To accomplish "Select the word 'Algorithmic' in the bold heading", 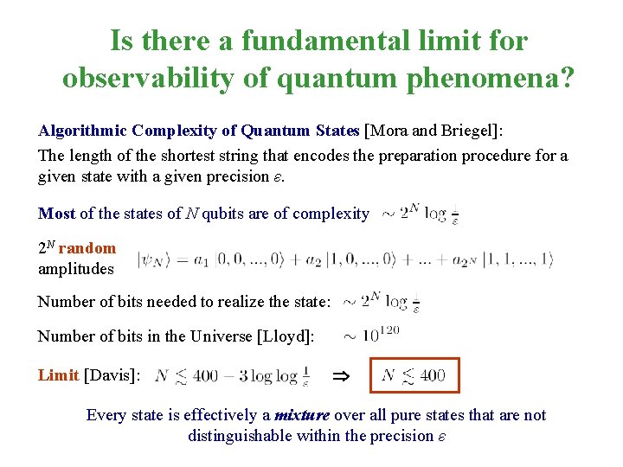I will pyautogui.click(x=83, y=131).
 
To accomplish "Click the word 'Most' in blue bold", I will pyautogui.click(x=56, y=213).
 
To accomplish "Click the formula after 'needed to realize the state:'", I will pyautogui.click(x=381, y=302).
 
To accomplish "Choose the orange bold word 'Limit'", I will pyautogui.click(x=58, y=374).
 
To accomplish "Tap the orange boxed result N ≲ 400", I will pyautogui.click(x=414, y=375).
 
